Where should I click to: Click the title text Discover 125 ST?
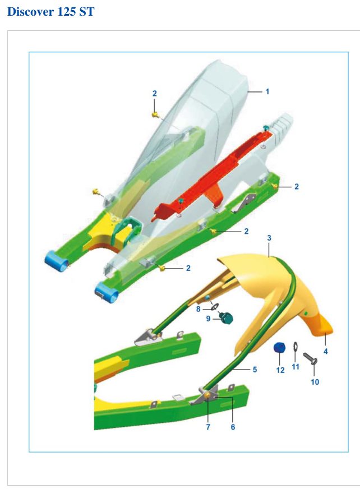(x=50, y=12)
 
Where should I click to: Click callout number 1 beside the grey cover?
(x=267, y=91)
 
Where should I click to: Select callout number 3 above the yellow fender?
(x=269, y=238)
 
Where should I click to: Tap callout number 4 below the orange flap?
(x=325, y=351)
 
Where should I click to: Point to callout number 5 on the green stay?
(x=255, y=370)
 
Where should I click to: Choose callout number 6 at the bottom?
(x=233, y=427)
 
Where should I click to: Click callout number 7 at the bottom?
(x=208, y=427)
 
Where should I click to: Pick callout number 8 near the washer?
(x=198, y=309)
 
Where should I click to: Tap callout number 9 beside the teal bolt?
(x=208, y=319)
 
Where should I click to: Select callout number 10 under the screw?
(x=315, y=382)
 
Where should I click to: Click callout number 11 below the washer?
(x=295, y=367)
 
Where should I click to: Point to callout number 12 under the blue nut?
(x=280, y=370)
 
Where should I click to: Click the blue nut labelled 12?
(x=279, y=348)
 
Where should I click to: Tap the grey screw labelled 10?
(x=310, y=358)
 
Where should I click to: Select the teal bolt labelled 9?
(x=227, y=319)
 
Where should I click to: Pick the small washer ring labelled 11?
(x=296, y=347)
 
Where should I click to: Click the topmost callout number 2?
(x=154, y=93)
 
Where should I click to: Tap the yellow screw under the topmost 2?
(x=155, y=115)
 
